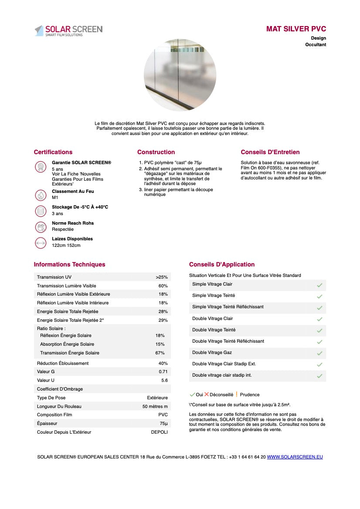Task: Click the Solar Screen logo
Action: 68,30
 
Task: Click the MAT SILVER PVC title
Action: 296,29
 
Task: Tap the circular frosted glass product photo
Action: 180,75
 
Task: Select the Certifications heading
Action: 53,152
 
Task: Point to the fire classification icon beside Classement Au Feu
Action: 41,195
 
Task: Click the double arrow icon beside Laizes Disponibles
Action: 41,243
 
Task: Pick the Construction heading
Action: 156,152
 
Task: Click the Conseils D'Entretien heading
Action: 270,152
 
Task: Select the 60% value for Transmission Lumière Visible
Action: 163,286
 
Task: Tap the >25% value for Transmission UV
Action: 162,277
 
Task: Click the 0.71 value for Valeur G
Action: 163,372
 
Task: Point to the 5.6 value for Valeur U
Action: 164,381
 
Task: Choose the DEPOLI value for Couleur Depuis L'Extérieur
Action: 159,432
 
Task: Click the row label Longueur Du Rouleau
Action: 59,406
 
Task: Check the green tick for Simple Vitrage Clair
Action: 319,285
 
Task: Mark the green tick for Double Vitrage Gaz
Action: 319,353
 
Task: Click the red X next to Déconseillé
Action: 207,394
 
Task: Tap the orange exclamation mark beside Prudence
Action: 237,394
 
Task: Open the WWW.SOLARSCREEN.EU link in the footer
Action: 295,457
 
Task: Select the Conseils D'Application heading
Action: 222,264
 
